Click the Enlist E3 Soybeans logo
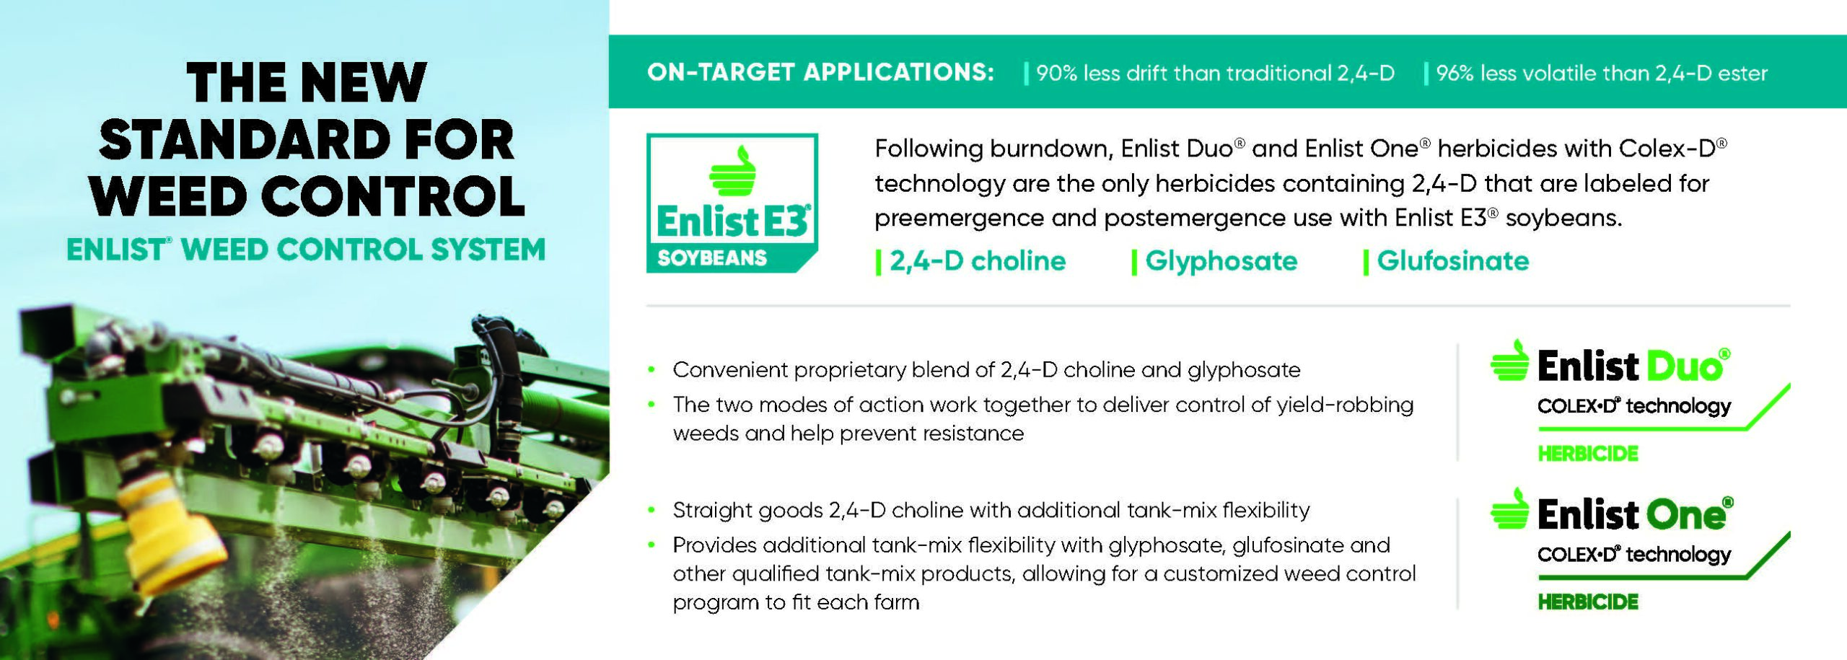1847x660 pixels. (x=732, y=203)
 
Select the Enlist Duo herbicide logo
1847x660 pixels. (x=1640, y=401)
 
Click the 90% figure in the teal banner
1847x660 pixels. (x=1056, y=74)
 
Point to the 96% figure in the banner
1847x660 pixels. (x=1455, y=74)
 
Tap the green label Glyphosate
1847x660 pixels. (x=1221, y=261)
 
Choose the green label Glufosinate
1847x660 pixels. (x=1452, y=261)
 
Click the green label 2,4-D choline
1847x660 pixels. (x=978, y=261)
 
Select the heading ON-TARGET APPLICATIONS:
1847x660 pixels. (x=820, y=72)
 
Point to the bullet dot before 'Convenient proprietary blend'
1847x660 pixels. (x=652, y=370)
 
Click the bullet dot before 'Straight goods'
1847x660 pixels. (x=652, y=511)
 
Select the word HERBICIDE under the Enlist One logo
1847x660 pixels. (x=1588, y=602)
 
